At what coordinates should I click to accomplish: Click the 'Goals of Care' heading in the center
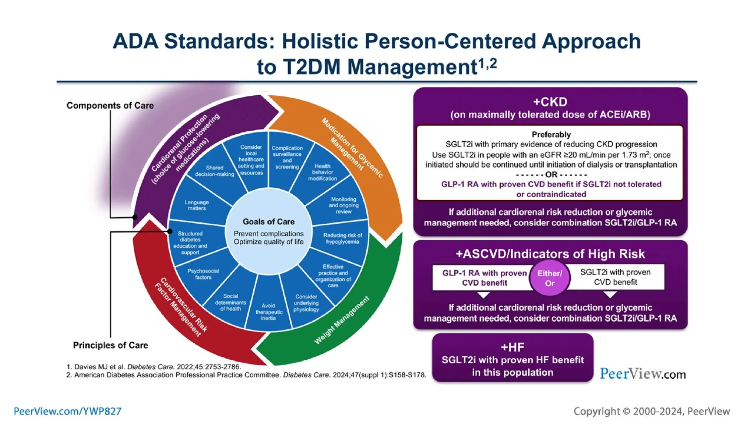[x=268, y=222]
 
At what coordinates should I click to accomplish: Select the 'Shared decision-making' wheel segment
[x=214, y=171]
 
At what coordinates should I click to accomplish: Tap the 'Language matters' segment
[x=197, y=205]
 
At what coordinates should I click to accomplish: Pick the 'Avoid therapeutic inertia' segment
[x=268, y=312]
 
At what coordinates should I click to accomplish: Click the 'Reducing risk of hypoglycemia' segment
[x=342, y=238]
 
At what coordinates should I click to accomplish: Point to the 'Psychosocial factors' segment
[x=203, y=274]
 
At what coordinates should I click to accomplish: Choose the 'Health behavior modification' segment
[x=323, y=172]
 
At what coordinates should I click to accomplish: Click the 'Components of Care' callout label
[x=110, y=106]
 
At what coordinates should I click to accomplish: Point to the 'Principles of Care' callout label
[x=110, y=345]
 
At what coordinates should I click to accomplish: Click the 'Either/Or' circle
[x=549, y=278]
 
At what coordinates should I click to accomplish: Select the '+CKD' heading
[x=550, y=102]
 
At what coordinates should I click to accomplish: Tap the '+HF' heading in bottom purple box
[x=512, y=347]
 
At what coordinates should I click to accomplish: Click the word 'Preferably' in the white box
[x=551, y=134]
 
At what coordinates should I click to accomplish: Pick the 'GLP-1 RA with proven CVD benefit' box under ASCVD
[x=484, y=278]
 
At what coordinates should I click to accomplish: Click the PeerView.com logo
[x=643, y=374]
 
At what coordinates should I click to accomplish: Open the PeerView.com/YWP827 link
[x=67, y=411]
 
